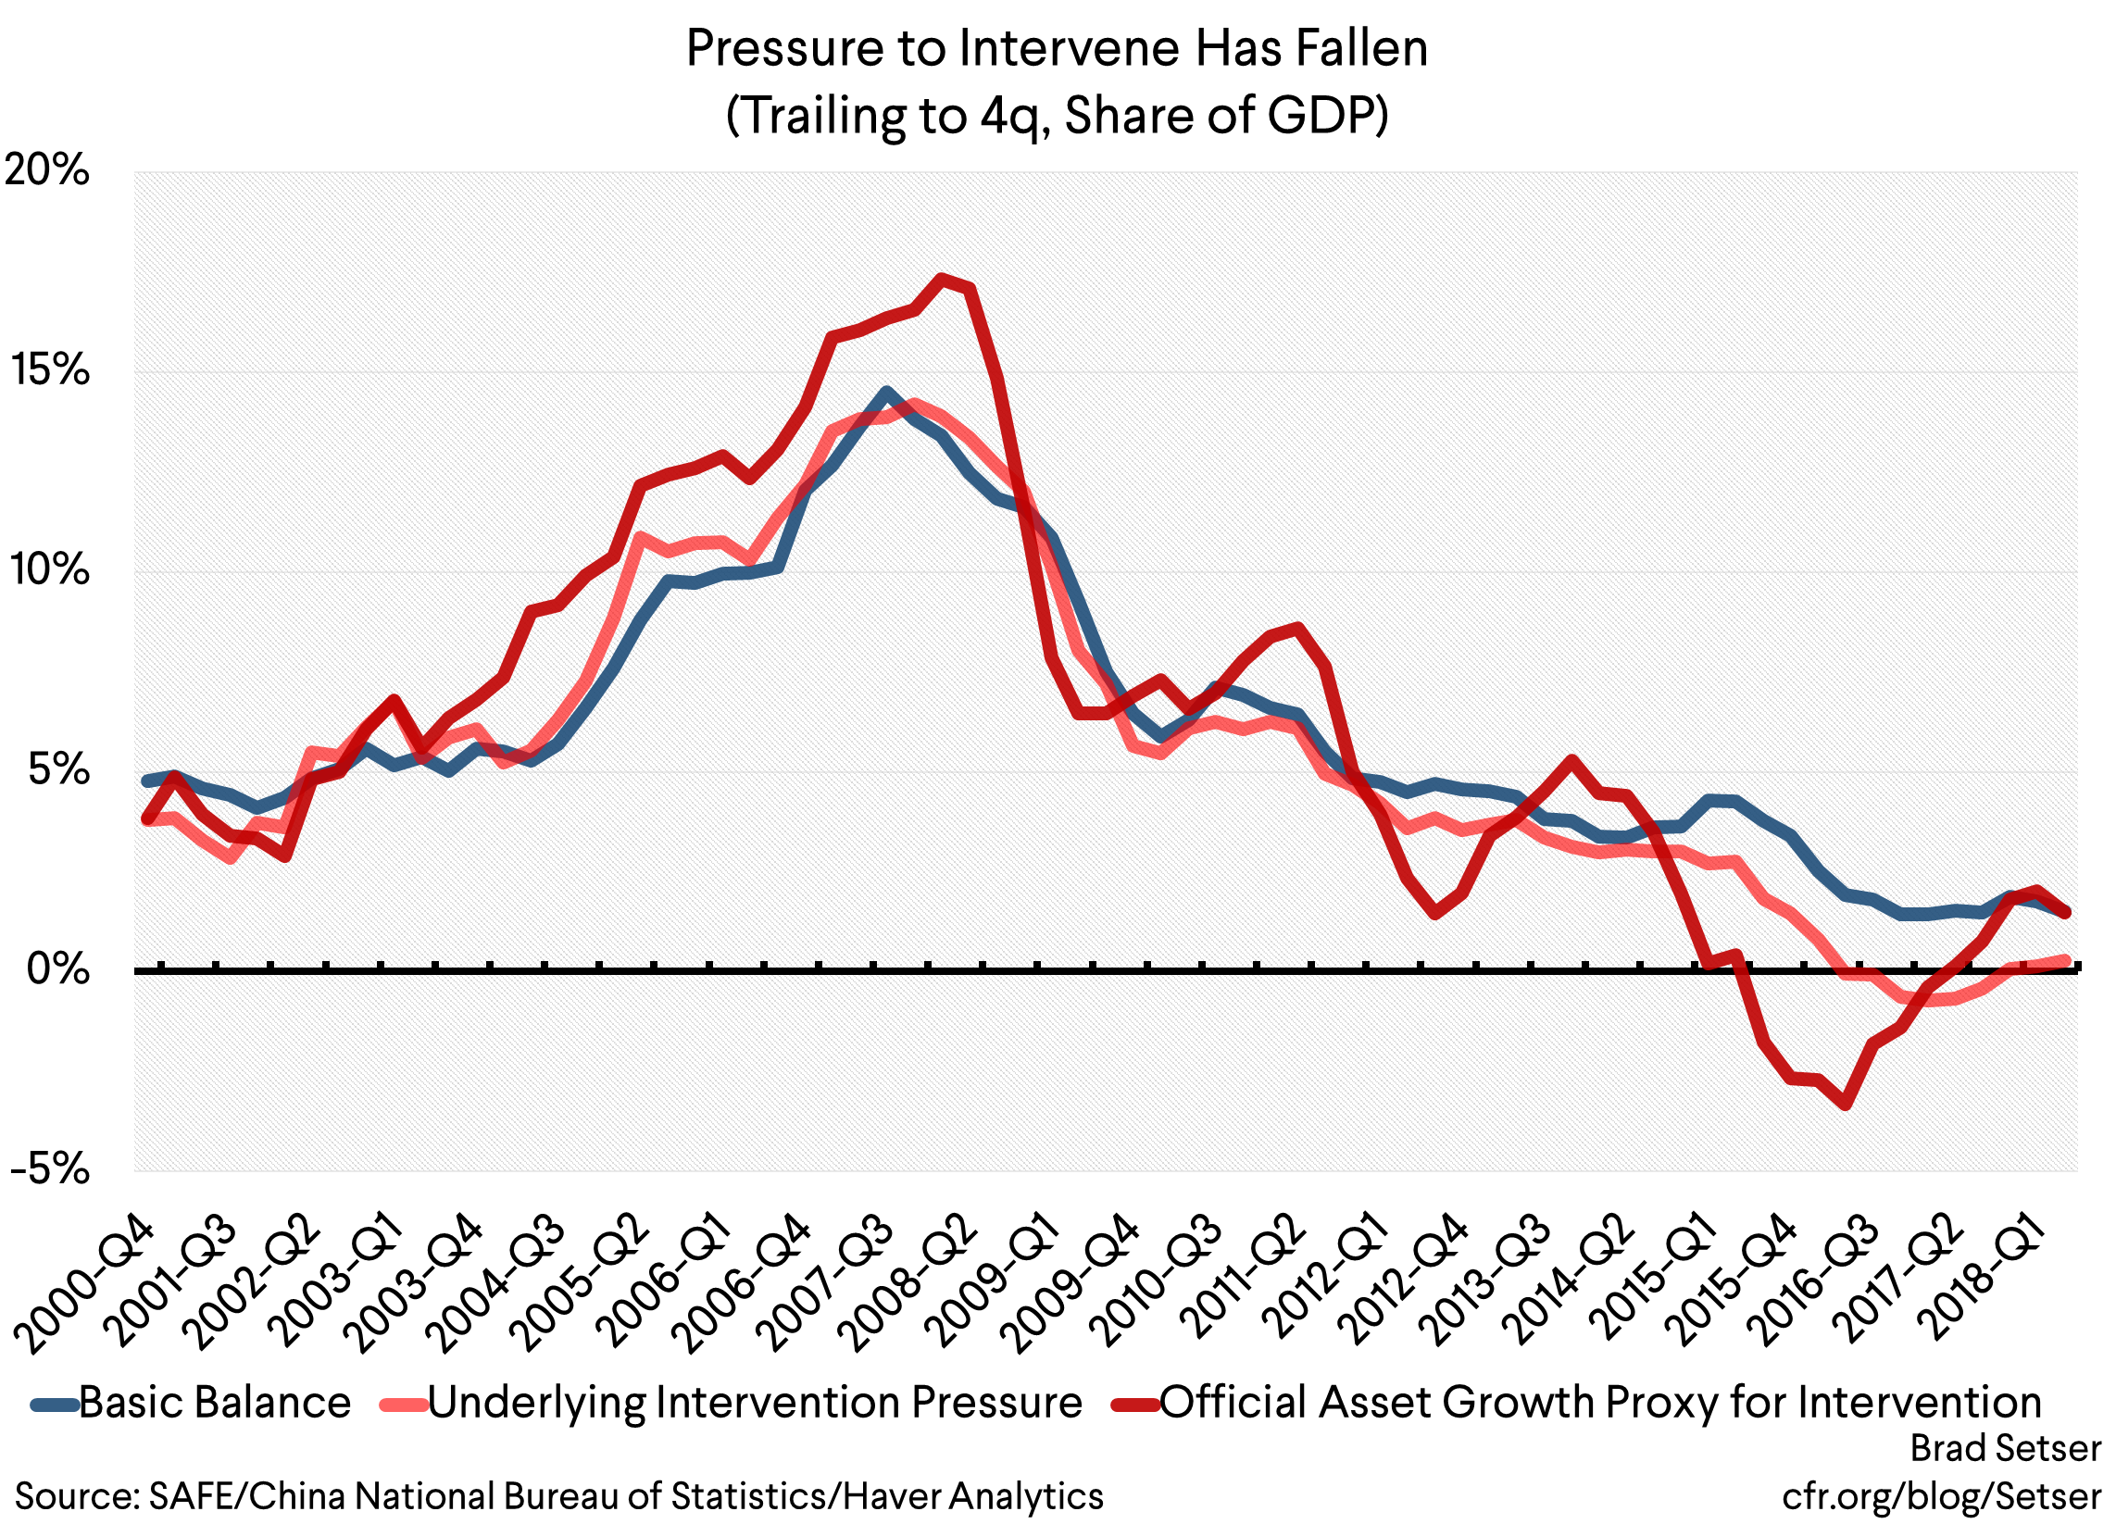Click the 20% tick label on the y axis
(46, 171)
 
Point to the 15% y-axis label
(50, 371)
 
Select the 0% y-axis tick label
(57, 970)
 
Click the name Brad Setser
(2005, 1449)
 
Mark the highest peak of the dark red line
(942, 277)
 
